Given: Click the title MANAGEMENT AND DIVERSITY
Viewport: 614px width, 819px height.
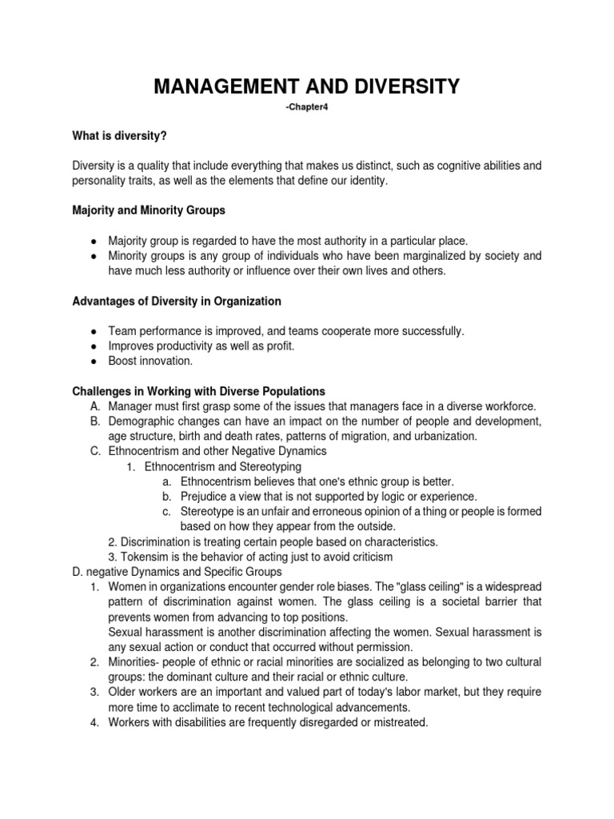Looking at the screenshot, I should coord(306,86).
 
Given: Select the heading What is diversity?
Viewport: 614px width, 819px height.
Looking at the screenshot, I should coord(119,136).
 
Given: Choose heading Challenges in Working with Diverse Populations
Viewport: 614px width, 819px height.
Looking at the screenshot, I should coord(198,391).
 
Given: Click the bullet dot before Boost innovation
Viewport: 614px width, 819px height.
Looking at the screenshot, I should coord(94,361).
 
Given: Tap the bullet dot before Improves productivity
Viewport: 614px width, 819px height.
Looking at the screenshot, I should coord(94,346).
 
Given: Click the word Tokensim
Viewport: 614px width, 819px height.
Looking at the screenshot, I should coord(145,557).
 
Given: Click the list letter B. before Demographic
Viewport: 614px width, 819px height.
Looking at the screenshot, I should coord(95,421).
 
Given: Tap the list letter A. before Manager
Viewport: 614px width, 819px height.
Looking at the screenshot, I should coord(95,406).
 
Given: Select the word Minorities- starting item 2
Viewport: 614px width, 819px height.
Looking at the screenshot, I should coord(135,662).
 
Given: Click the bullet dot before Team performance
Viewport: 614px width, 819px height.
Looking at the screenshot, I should coord(94,330).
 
